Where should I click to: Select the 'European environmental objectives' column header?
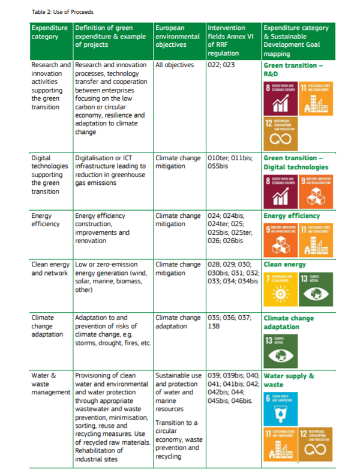coord(178,36)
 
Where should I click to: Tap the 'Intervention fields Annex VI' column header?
coord(231,40)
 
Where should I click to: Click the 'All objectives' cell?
coord(175,65)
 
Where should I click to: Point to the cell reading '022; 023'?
coord(221,65)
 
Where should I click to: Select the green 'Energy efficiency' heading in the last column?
coord(292,216)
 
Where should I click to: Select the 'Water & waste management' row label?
coord(50,384)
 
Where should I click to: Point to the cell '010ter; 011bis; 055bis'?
coord(230,162)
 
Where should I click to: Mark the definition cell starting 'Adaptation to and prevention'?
coord(112,331)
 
